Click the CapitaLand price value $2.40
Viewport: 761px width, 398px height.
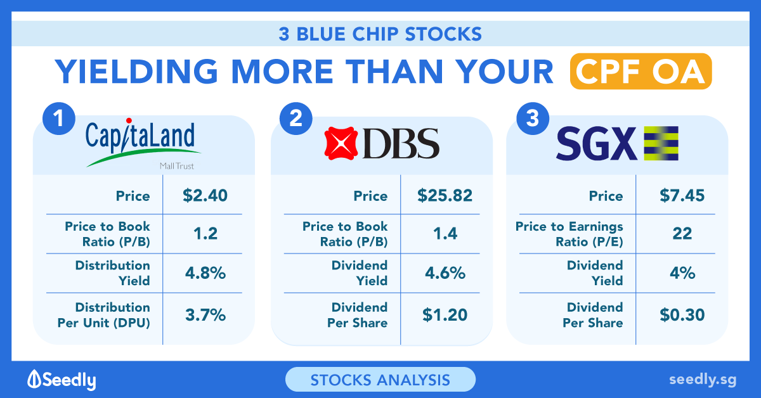205,196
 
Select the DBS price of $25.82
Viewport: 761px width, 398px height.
445,196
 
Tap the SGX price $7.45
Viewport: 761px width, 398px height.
682,196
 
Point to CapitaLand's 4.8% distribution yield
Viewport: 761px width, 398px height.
205,273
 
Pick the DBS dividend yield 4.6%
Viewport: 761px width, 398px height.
445,273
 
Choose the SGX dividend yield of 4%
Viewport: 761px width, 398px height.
682,273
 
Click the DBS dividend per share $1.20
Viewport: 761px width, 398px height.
445,315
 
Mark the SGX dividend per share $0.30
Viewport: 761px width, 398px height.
682,315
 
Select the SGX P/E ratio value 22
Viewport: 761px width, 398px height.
682,234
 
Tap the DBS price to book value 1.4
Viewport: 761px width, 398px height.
445,234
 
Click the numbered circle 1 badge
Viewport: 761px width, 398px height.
59,119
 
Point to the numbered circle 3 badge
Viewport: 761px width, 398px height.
533,119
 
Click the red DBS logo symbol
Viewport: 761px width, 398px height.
341,143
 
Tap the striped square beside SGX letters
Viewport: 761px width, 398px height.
661,143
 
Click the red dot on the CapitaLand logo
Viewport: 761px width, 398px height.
129,120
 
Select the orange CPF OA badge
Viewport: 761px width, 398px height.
641,72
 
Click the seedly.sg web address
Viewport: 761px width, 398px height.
703,380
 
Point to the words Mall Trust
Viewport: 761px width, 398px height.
177,166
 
